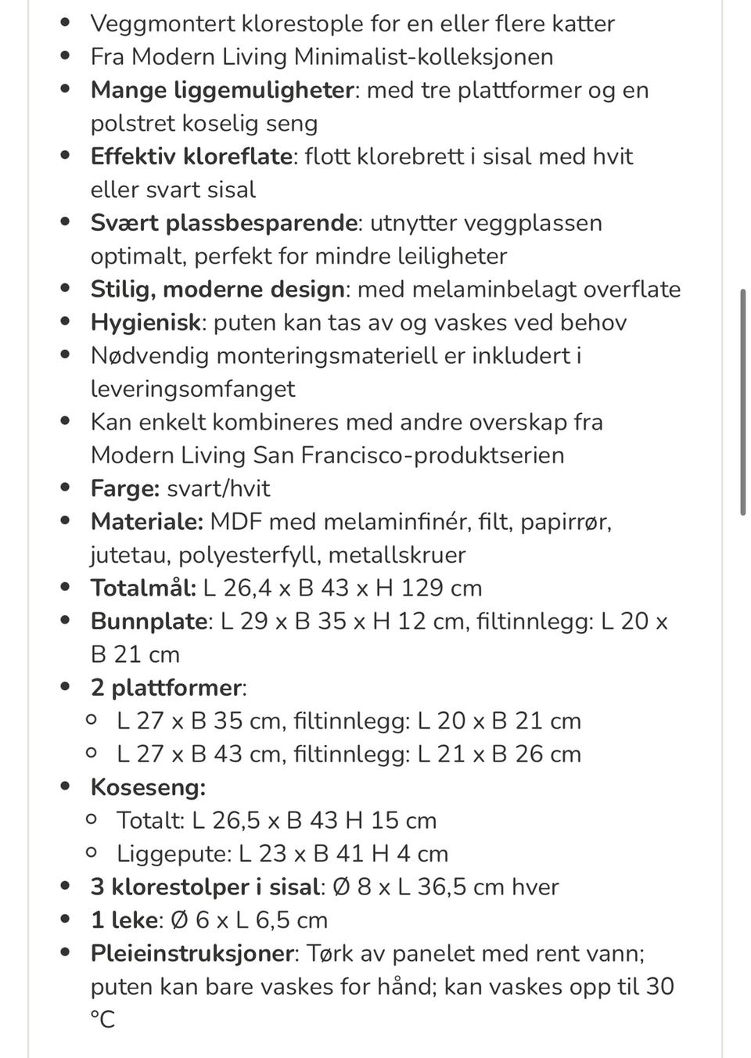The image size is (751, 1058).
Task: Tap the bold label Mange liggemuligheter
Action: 222,90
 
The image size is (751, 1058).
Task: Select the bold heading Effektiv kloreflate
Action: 191,157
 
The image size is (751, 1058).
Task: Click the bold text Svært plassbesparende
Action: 224,223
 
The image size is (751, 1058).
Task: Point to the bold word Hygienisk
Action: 146,322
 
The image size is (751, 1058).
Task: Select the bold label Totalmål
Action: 143,588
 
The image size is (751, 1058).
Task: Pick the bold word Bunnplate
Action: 149,621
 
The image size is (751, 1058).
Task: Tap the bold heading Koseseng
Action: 148,787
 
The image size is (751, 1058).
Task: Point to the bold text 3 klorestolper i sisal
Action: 205,887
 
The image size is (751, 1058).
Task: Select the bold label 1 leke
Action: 125,920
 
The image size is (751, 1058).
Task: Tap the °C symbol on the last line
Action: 102,1020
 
